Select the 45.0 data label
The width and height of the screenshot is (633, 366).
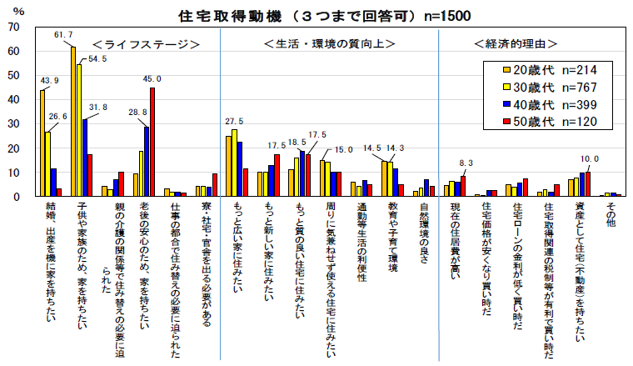pyautogui.click(x=152, y=79)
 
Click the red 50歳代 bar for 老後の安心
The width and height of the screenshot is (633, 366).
pyautogui.click(x=152, y=142)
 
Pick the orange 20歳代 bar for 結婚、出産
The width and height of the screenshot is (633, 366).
pyautogui.click(x=42, y=143)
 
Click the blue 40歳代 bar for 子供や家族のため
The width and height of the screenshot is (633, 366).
pyautogui.click(x=84, y=158)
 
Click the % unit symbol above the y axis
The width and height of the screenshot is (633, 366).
pyautogui.click(x=21, y=12)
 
